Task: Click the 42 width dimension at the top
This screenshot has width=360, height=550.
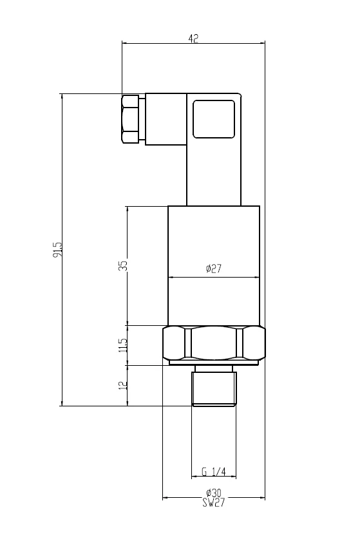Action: (193, 38)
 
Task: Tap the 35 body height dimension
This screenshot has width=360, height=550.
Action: (123, 265)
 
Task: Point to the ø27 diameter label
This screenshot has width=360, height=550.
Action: (214, 269)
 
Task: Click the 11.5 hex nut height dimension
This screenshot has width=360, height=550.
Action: (123, 345)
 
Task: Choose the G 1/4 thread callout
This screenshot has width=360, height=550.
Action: (214, 472)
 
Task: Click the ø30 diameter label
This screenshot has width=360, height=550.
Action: (214, 493)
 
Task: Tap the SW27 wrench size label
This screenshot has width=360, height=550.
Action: (214, 502)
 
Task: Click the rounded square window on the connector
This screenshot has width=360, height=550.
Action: (214, 119)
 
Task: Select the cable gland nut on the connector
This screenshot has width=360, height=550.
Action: (130, 119)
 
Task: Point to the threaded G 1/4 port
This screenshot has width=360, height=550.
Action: (214, 388)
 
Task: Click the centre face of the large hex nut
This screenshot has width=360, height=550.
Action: (214, 344)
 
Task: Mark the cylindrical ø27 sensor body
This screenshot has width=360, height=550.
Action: (214, 265)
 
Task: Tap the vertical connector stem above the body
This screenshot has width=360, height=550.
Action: (214, 172)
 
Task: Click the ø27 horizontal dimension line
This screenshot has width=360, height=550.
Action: (214, 278)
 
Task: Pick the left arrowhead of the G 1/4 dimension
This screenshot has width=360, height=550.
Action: (194, 477)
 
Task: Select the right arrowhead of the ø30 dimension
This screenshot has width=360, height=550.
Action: (263, 498)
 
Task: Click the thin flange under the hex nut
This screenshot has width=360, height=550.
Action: (214, 363)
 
